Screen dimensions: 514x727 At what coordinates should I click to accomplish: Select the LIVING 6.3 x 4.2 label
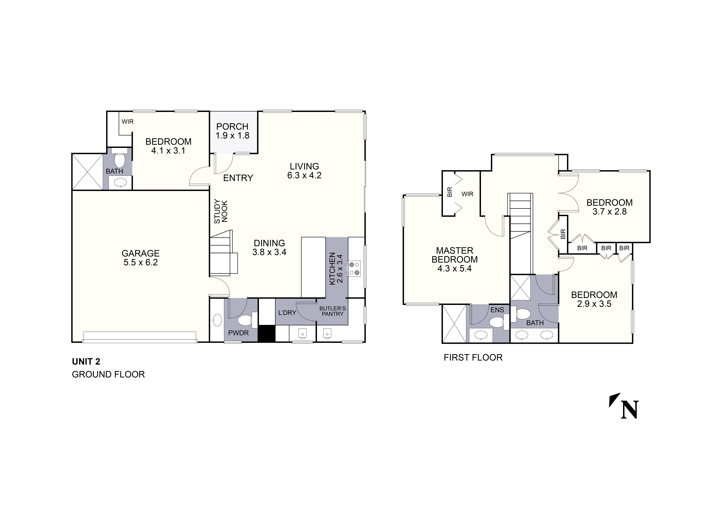pyautogui.click(x=304, y=171)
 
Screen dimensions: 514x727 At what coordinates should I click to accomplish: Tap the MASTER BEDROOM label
pyautogui.click(x=454, y=259)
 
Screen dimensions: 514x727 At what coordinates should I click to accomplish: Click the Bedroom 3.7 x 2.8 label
pyautogui.click(x=609, y=207)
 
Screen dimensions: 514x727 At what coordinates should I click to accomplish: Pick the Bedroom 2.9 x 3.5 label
pyautogui.click(x=594, y=299)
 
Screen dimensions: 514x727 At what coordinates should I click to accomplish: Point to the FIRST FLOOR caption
pyautogui.click(x=473, y=357)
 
